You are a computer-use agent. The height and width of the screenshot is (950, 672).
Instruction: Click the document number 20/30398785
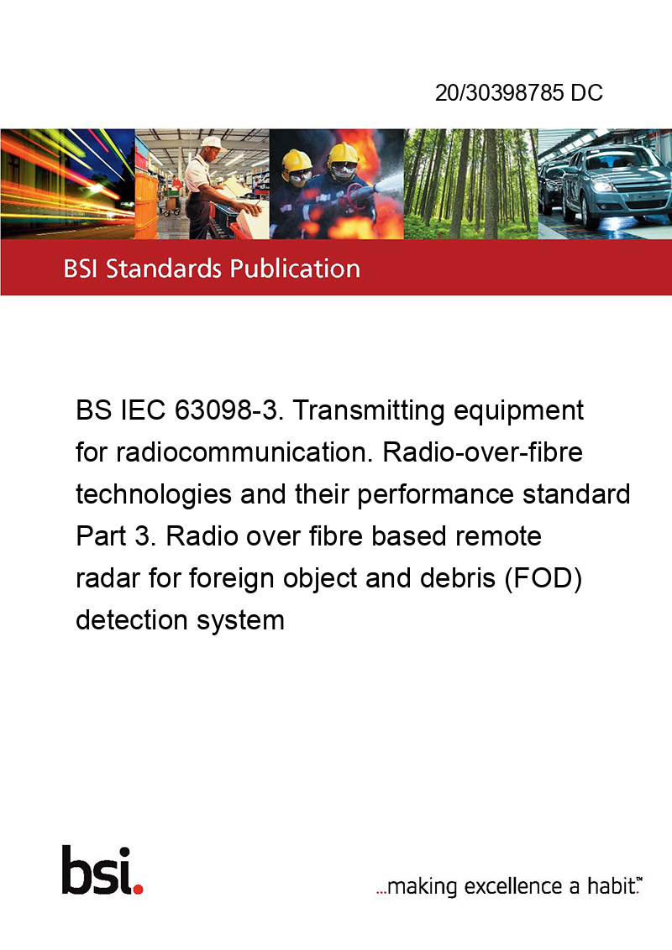point(499,92)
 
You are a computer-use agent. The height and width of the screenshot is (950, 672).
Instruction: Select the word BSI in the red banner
point(81,269)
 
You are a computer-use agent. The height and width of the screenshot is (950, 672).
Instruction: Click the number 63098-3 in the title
point(228,410)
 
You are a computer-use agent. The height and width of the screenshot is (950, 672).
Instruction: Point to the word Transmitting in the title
point(370,411)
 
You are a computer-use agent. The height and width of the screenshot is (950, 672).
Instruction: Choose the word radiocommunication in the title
point(244,452)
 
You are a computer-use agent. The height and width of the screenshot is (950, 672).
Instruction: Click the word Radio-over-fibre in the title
point(482,452)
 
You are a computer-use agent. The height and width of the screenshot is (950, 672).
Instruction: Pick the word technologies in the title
point(154,495)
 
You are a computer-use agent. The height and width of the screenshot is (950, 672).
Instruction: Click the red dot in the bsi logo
point(138,889)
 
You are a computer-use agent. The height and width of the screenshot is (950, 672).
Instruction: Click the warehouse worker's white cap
point(212,143)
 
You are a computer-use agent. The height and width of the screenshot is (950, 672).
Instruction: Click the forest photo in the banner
point(471,184)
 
